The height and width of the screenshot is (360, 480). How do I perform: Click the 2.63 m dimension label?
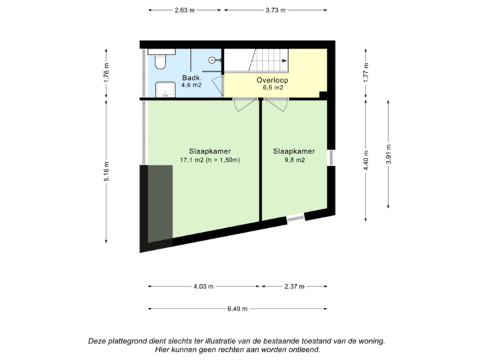click(185, 10)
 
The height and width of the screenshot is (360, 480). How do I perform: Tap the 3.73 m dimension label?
click(275, 10)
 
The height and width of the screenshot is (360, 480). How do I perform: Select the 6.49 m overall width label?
click(237, 309)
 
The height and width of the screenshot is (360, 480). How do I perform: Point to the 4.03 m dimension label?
click(203, 287)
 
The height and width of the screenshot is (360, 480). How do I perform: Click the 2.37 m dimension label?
click(294, 287)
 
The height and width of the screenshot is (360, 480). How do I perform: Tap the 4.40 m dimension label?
click(365, 161)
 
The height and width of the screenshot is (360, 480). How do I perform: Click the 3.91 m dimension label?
click(389, 154)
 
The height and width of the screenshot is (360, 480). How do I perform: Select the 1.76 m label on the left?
click(106, 73)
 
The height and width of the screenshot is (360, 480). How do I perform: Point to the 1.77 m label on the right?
click(365, 73)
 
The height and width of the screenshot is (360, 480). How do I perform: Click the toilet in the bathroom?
click(160, 62)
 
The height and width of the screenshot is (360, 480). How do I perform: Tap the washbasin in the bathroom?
click(162, 90)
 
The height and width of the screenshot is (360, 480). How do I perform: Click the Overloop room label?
click(271, 80)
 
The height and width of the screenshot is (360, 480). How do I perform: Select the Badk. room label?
click(192, 78)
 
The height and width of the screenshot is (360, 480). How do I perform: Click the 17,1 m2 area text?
click(210, 160)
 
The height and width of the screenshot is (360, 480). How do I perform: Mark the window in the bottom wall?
click(294, 218)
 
